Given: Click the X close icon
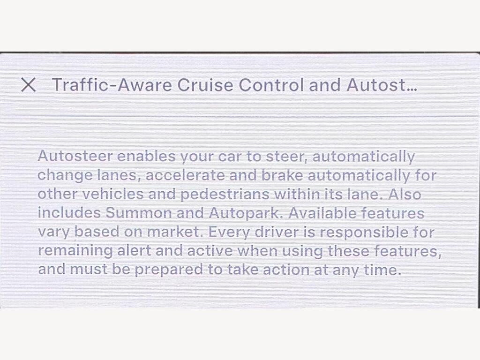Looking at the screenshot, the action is pyautogui.click(x=29, y=85).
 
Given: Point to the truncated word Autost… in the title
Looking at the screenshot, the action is pyautogui.click(x=382, y=85).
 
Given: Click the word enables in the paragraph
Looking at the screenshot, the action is pyautogui.click(x=146, y=157).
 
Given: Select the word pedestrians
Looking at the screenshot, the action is pyautogui.click(x=225, y=195).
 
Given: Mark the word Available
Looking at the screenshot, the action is pyautogui.click(x=322, y=213).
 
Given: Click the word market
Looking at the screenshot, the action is pyautogui.click(x=175, y=232).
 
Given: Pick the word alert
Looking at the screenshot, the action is pyautogui.click(x=134, y=251).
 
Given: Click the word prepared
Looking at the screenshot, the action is pyautogui.click(x=169, y=270).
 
